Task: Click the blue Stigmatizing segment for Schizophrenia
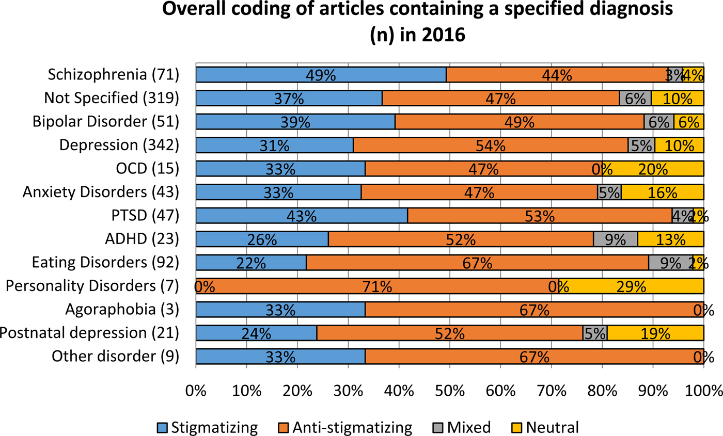point(321,75)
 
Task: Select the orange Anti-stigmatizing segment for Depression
point(491,145)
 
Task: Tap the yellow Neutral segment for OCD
point(653,169)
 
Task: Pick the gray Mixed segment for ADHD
point(615,239)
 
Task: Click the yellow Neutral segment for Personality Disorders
point(631,286)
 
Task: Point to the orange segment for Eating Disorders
point(477,263)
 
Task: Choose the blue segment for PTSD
point(302,216)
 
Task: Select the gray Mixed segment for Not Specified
point(635,98)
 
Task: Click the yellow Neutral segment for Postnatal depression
point(655,333)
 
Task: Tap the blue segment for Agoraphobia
point(280,310)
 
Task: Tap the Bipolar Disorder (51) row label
point(105,122)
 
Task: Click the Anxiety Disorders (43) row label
point(100,192)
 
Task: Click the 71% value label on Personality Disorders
point(377,286)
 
